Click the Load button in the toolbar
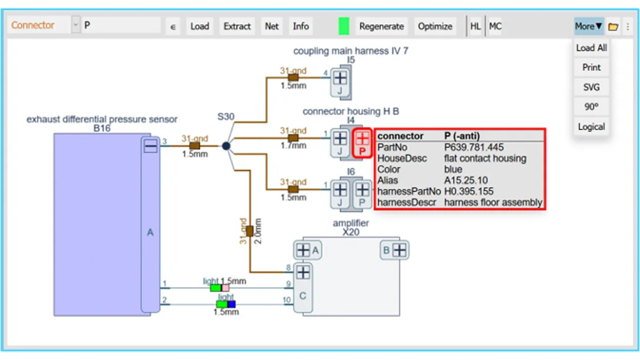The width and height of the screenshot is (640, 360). point(199,26)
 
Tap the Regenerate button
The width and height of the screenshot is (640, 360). point(381,26)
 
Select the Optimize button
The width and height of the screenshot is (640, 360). point(435,26)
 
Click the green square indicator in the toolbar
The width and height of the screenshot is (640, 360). point(344,26)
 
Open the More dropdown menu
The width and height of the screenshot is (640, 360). point(588,26)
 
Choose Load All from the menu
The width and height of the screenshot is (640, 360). point(591,48)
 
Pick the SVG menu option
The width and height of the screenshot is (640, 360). point(591,87)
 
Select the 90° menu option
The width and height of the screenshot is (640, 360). point(591,107)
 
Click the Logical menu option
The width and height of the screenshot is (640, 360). point(591,127)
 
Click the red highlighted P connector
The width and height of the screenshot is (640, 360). point(363,143)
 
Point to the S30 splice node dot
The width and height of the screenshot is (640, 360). point(226,146)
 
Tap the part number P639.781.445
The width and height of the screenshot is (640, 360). point(473,147)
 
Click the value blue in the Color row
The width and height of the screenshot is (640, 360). point(453,169)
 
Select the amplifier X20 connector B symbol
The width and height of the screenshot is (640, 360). point(399,250)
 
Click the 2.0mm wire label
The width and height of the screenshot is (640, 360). point(258,231)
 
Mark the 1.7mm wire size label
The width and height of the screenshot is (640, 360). point(293,146)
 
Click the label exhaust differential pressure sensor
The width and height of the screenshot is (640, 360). point(102,119)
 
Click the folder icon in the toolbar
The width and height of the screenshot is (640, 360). point(613,27)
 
